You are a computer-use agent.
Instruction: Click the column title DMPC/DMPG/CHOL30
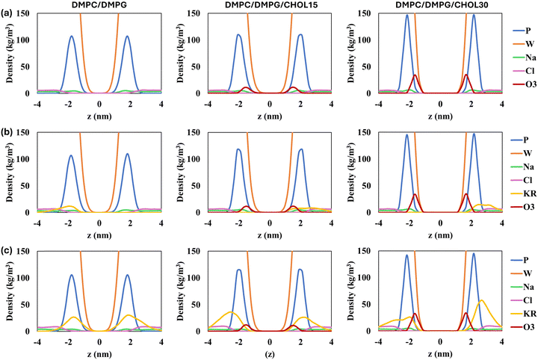pyautogui.click(x=439, y=5)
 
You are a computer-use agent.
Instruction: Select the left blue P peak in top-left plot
pyautogui.click(x=72, y=36)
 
